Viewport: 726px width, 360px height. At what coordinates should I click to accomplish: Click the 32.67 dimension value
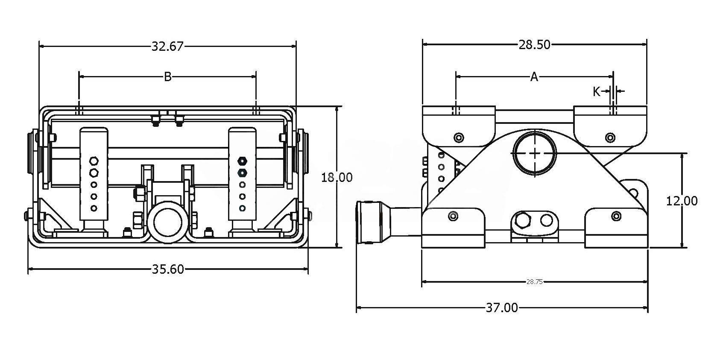[167, 46]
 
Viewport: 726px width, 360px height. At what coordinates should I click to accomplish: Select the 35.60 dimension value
[168, 269]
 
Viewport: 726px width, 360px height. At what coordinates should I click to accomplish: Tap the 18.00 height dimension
[337, 177]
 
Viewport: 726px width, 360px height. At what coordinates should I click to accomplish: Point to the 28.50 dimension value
[534, 44]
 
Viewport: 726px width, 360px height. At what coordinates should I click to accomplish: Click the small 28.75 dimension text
[534, 282]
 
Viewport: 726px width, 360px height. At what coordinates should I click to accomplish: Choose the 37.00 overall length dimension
[502, 307]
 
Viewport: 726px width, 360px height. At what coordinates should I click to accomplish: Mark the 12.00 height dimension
[682, 201]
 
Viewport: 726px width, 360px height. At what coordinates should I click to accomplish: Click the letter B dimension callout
[168, 77]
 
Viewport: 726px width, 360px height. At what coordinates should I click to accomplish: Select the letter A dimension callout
[534, 77]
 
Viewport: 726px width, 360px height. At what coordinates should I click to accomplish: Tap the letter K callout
[597, 91]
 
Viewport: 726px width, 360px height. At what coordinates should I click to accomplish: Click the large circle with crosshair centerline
[535, 153]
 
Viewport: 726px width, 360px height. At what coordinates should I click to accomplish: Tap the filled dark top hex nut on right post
[242, 161]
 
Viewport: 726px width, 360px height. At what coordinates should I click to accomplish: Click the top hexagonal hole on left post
[94, 161]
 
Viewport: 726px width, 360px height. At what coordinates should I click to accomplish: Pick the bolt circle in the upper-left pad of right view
[459, 138]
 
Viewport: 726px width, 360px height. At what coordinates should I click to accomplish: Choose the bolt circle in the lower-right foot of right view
[616, 216]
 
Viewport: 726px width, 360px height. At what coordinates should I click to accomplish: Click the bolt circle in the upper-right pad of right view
[610, 138]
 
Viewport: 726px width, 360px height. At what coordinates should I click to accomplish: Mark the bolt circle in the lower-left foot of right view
[453, 216]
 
